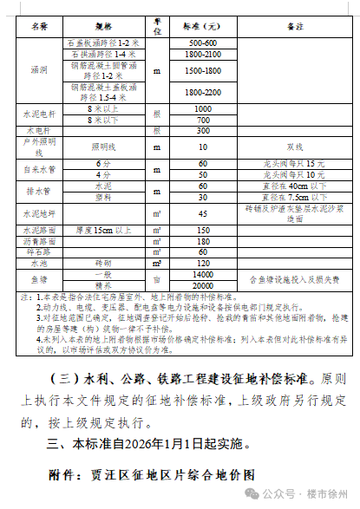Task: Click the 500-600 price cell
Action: click(x=201, y=42)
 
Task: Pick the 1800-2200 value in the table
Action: click(x=201, y=91)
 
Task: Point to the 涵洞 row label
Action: click(x=39, y=67)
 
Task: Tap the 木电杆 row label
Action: click(x=39, y=131)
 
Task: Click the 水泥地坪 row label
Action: click(x=39, y=213)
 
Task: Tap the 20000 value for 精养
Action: click(x=201, y=285)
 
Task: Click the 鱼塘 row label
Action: click(x=39, y=280)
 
